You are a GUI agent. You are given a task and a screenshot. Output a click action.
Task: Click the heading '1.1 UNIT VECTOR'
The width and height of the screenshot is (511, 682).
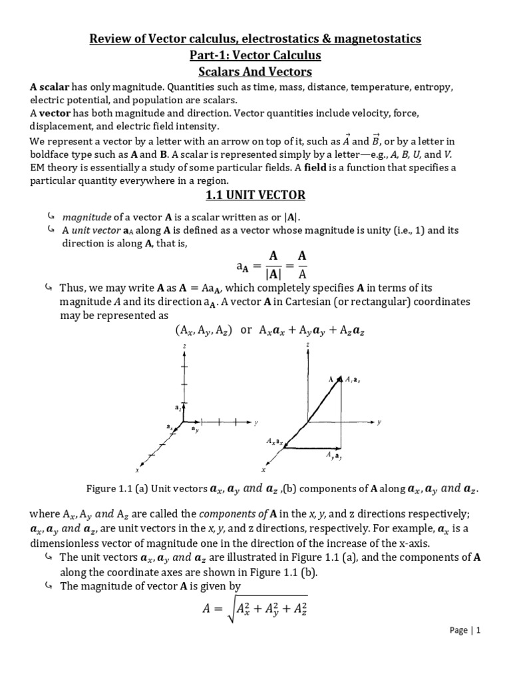click(x=255, y=195)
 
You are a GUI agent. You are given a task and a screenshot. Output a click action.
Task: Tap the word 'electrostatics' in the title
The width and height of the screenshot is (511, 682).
click(x=266, y=39)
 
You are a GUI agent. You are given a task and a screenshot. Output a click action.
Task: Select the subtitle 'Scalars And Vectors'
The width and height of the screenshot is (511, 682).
click(x=255, y=71)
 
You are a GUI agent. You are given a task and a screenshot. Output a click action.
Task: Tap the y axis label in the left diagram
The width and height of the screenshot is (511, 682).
click(x=255, y=422)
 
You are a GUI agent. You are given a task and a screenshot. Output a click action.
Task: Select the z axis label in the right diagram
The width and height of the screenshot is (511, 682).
click(x=307, y=346)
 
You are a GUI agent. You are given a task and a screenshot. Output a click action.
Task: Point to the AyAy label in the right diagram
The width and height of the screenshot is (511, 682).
click(x=334, y=456)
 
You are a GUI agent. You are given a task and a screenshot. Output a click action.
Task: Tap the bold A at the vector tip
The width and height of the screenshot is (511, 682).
click(x=330, y=379)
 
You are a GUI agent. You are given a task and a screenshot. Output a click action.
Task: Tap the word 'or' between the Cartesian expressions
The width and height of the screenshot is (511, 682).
click(x=246, y=330)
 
